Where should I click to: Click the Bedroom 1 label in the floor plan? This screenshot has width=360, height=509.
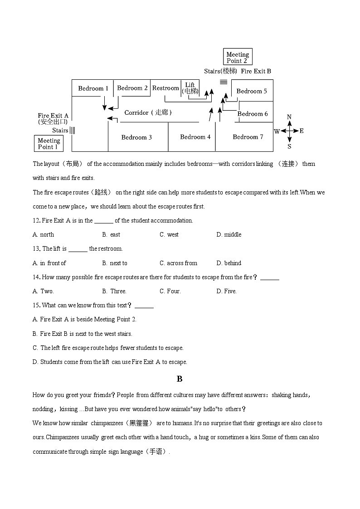pos(93,88)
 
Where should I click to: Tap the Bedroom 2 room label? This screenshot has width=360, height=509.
pos(132,88)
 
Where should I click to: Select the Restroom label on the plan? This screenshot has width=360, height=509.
pos(165,88)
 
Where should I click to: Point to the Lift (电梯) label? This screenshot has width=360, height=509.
pos(190,88)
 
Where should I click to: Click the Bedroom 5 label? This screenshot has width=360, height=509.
pos(252,91)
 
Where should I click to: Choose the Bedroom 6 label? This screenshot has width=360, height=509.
pos(253,114)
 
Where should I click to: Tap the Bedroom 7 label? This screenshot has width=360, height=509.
pos(248,137)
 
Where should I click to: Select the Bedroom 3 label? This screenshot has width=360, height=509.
pos(136,137)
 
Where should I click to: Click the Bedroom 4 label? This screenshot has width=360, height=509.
pos(195,137)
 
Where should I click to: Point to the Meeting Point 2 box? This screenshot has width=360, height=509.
pos(237,58)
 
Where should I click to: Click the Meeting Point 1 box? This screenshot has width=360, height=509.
pos(49,144)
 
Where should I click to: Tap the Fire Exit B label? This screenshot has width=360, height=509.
pos(256,71)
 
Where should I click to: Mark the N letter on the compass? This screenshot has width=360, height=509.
pos(289,117)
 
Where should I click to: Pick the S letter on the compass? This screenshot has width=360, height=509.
pos(289,146)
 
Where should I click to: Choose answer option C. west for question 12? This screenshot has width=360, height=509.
pos(169,234)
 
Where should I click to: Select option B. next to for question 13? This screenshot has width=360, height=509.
pos(115,263)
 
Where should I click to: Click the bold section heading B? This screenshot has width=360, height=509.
pos(180,379)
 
